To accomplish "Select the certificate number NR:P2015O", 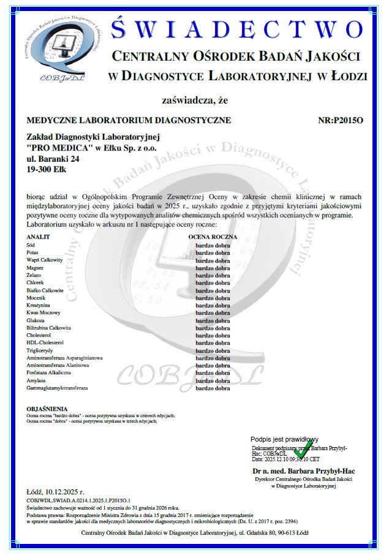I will click(341, 120).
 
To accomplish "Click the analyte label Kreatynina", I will click(39, 304).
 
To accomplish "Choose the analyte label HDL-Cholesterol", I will click(45, 342).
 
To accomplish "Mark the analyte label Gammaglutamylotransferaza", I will click(58, 388).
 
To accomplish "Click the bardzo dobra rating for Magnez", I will click(213, 268).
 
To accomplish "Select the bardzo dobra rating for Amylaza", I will click(213, 380).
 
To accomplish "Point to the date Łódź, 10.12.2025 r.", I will click(56, 492).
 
